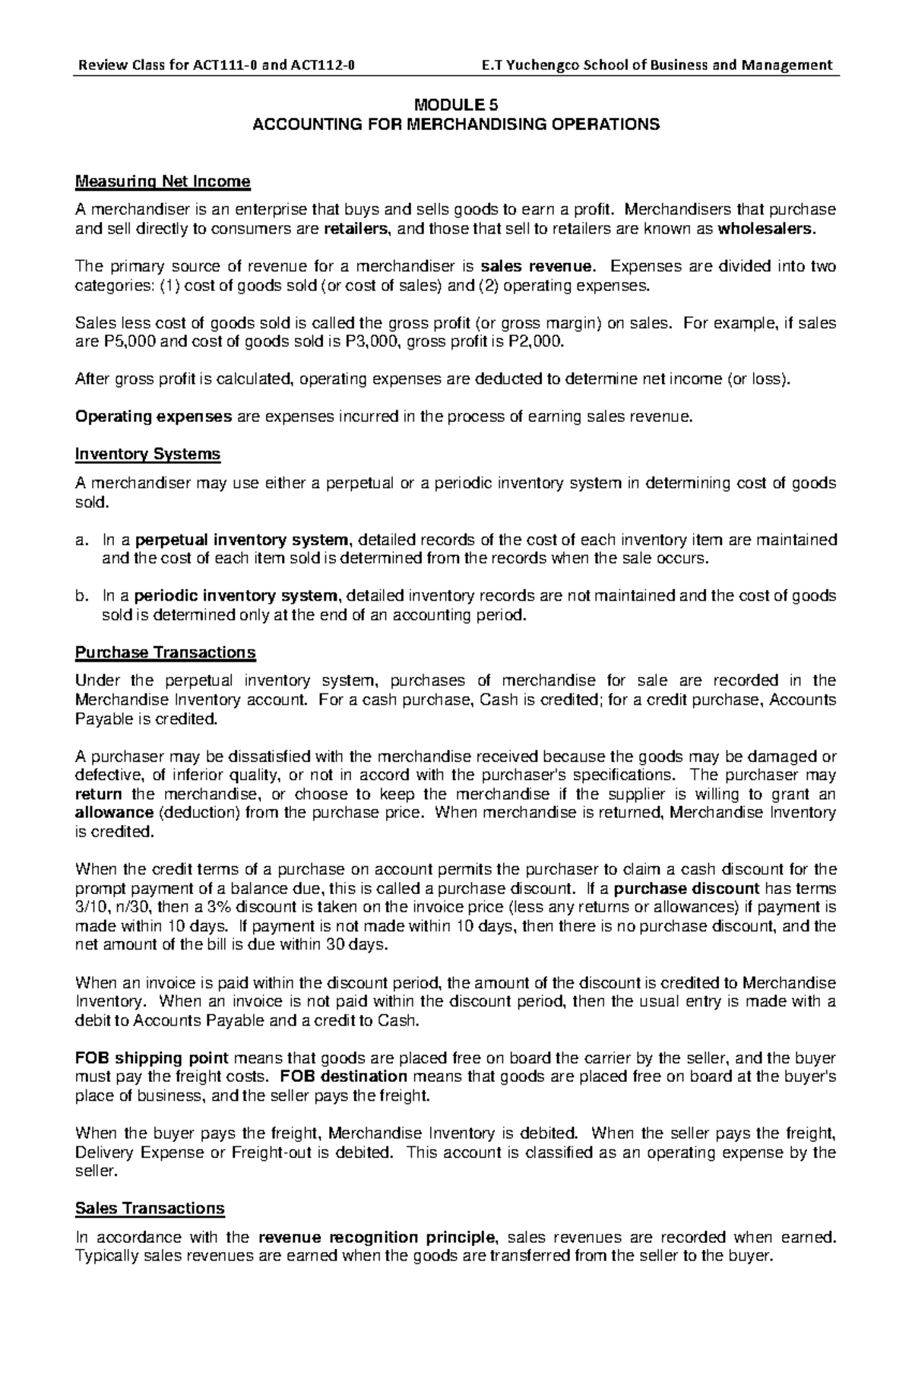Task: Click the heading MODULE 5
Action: pyautogui.click(x=456, y=105)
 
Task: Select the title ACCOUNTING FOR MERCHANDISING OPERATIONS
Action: pyautogui.click(x=456, y=125)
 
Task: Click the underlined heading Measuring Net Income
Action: pyautogui.click(x=163, y=182)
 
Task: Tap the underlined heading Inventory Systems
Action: pyautogui.click(x=147, y=455)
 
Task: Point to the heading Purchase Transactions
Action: pyautogui.click(x=166, y=653)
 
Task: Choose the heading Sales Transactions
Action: pyautogui.click(x=150, y=1209)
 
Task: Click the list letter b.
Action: pyautogui.click(x=81, y=596)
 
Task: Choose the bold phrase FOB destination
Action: pyautogui.click(x=344, y=1077)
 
